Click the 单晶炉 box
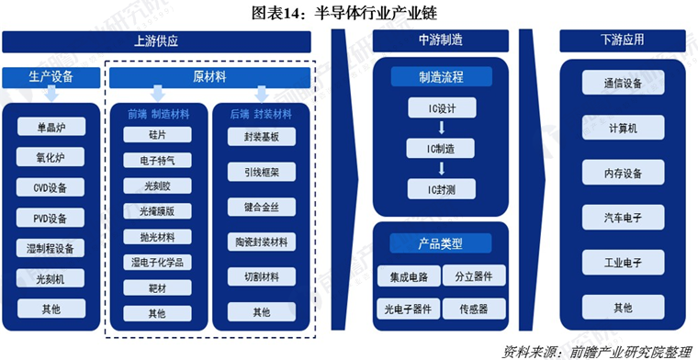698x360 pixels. click(51, 127)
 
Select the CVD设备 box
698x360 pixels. click(51, 187)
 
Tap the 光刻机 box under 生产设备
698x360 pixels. click(51, 278)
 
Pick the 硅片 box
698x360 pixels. click(158, 134)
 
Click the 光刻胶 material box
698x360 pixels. click(158, 186)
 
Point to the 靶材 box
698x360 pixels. click(158, 288)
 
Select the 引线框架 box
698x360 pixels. click(262, 172)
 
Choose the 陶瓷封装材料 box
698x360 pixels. click(262, 242)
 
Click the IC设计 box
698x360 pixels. click(442, 107)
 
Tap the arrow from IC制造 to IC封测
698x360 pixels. click(442, 168)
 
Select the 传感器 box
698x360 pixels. click(474, 309)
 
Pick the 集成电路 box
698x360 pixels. click(409, 276)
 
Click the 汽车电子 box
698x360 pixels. click(624, 217)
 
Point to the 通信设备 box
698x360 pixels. click(624, 83)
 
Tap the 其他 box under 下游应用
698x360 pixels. click(624, 307)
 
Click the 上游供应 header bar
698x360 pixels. click(156, 41)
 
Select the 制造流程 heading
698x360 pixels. click(442, 76)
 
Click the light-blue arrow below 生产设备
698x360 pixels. click(51, 95)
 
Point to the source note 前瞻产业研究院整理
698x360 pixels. click(632, 351)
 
